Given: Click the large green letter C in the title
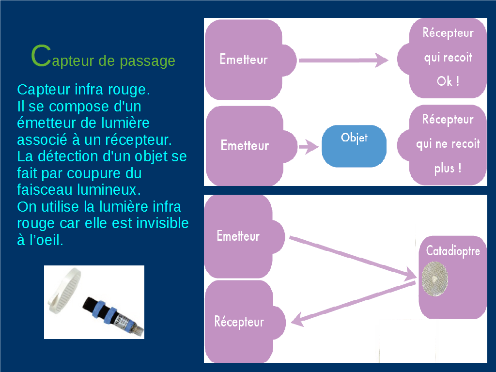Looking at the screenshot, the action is pos(41,56).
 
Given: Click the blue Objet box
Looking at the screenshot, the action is pos(354,146).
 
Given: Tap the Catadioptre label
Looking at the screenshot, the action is pos(453,251).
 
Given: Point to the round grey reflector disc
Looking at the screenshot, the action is pos(435,279).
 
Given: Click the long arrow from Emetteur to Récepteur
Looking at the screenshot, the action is pos(343,60).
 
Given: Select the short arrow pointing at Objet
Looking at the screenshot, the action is pos(309,146).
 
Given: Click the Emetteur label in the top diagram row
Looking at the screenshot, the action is pos(244,60).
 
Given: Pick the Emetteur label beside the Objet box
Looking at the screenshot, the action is pos(245,145).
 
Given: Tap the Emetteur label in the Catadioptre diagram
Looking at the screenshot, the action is pos(238,236).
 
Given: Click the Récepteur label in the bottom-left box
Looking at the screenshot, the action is pos(239,322).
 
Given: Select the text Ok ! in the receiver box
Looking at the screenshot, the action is pos(448,81).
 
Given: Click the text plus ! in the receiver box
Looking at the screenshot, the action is pos(448,168).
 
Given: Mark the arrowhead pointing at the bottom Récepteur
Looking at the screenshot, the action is pos(297,320).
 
